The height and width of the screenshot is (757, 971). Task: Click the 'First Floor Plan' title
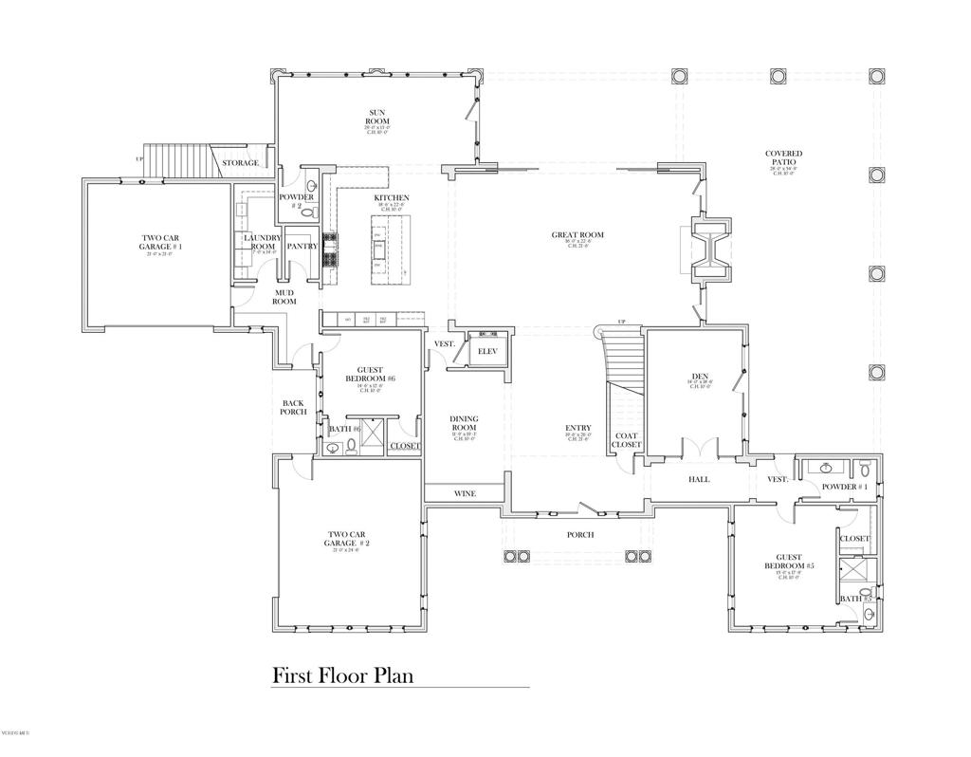[x=342, y=675]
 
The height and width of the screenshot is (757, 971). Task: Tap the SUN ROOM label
[x=377, y=117]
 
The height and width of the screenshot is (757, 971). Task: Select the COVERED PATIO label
[x=783, y=158]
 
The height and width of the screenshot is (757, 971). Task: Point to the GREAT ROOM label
[x=577, y=235]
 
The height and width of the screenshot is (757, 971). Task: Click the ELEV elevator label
[x=487, y=351]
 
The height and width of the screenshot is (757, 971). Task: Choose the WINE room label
[x=465, y=493]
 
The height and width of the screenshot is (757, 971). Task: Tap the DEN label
[x=700, y=377]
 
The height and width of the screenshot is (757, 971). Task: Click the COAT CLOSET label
[x=626, y=440]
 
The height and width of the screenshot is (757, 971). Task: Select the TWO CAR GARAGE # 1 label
[x=159, y=243]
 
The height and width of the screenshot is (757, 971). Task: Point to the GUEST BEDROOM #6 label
[x=376, y=374]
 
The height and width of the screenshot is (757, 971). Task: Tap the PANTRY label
[x=302, y=246]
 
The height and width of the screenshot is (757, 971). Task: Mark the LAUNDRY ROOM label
[x=263, y=242]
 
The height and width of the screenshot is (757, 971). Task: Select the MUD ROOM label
[x=285, y=297]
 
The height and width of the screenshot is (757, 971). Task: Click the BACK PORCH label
[x=293, y=407]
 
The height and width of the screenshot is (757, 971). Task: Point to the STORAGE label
[x=240, y=163]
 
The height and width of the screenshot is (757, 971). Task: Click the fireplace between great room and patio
[x=710, y=249]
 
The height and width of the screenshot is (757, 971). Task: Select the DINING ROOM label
[x=464, y=423]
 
